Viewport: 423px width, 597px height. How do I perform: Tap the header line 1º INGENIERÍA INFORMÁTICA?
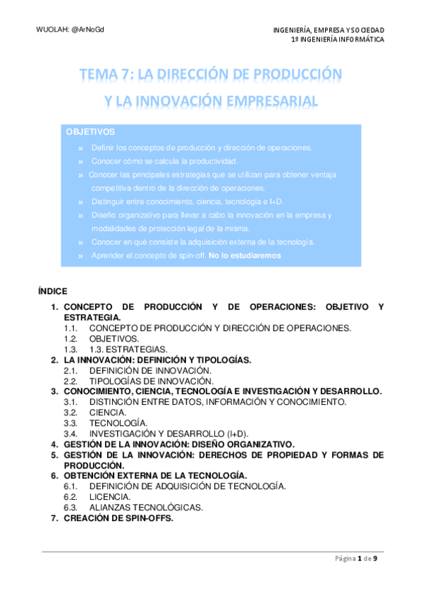point(338,40)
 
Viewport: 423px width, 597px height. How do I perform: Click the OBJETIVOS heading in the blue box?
point(90,132)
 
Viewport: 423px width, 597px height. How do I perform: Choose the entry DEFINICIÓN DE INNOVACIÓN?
point(150,370)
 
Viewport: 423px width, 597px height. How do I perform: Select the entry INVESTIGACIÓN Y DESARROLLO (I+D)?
point(168,433)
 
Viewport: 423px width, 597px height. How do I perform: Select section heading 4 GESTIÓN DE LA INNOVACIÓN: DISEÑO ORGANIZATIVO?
point(178,444)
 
